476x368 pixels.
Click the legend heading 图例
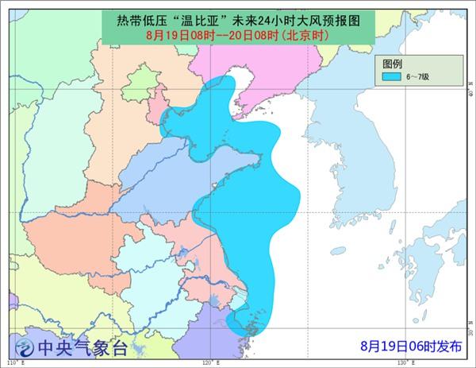pos(394,63)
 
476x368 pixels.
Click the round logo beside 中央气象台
pos(25,347)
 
